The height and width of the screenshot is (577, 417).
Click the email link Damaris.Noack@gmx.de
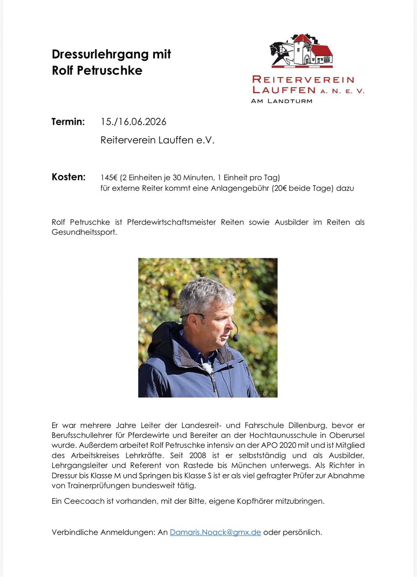[x=215, y=532]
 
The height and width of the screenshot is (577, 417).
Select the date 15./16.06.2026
[x=133, y=122]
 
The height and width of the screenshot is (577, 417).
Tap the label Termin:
[x=68, y=122]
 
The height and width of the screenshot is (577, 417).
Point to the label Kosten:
[x=68, y=177]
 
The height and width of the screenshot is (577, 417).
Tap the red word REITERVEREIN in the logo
[x=303, y=79]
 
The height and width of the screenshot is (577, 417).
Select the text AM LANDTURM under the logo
[x=281, y=101]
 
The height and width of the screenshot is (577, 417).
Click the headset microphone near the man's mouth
[x=236, y=337]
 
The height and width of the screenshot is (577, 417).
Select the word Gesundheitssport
[x=84, y=232]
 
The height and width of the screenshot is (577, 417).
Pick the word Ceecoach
[x=84, y=501]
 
